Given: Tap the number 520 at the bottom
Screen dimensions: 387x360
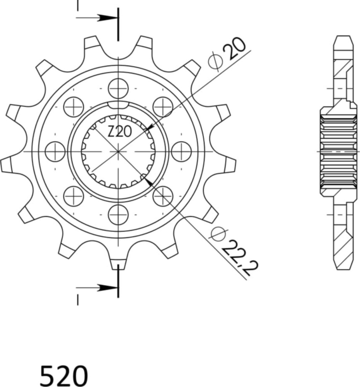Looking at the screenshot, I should pyautogui.click(x=64, y=375).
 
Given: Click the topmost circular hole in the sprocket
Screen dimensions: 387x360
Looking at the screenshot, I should pyautogui.click(x=118, y=88).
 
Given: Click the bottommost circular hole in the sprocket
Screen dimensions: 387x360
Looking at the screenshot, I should pyautogui.click(x=118, y=215).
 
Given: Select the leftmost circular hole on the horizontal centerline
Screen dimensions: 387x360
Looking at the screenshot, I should pyautogui.click(x=55, y=151).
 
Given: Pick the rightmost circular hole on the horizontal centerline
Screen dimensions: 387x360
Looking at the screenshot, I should pyautogui.click(x=181, y=151).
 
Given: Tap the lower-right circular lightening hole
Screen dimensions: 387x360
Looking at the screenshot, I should pyautogui.click(x=163, y=196).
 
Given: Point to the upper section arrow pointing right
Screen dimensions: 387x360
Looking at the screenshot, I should pyautogui.click(x=102, y=18).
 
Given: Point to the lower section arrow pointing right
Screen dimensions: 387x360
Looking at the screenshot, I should pyautogui.click(x=102, y=288).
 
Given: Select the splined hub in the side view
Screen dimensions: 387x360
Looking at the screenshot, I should pyautogui.click(x=338, y=151).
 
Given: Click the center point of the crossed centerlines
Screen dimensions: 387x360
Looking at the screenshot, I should pyautogui.click(x=118, y=151).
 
